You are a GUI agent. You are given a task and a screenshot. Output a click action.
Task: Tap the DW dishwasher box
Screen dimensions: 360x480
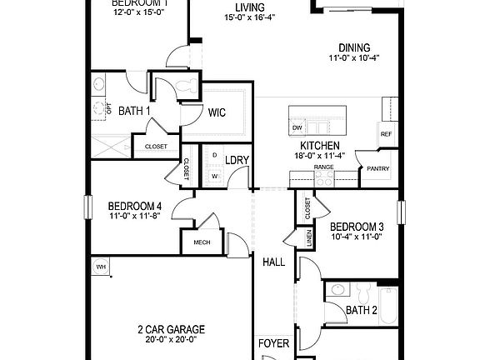(297, 127)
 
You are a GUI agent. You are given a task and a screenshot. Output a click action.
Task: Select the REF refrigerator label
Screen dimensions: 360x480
(386, 134)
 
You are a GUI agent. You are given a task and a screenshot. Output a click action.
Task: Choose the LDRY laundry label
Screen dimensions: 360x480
(238, 160)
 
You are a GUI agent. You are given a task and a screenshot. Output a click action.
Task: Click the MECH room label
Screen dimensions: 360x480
(201, 242)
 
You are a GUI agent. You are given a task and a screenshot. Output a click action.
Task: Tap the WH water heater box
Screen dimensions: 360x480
(101, 267)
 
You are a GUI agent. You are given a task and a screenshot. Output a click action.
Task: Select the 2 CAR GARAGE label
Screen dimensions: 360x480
(171, 329)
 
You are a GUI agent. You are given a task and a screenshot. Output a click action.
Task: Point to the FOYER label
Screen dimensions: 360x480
(273, 342)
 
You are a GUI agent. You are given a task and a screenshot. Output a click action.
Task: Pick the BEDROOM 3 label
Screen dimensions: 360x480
(357, 226)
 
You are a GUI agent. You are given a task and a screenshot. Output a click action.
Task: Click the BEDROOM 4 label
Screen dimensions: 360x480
(135, 207)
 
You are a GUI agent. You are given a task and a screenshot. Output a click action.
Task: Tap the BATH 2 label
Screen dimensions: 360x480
(362, 311)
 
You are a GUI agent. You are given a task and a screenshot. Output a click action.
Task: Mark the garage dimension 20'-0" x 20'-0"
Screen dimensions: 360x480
(171, 339)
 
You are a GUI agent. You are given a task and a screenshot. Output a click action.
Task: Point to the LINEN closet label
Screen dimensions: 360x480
(308, 239)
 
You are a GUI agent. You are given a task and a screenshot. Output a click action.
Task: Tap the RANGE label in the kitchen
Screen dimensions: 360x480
(323, 167)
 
